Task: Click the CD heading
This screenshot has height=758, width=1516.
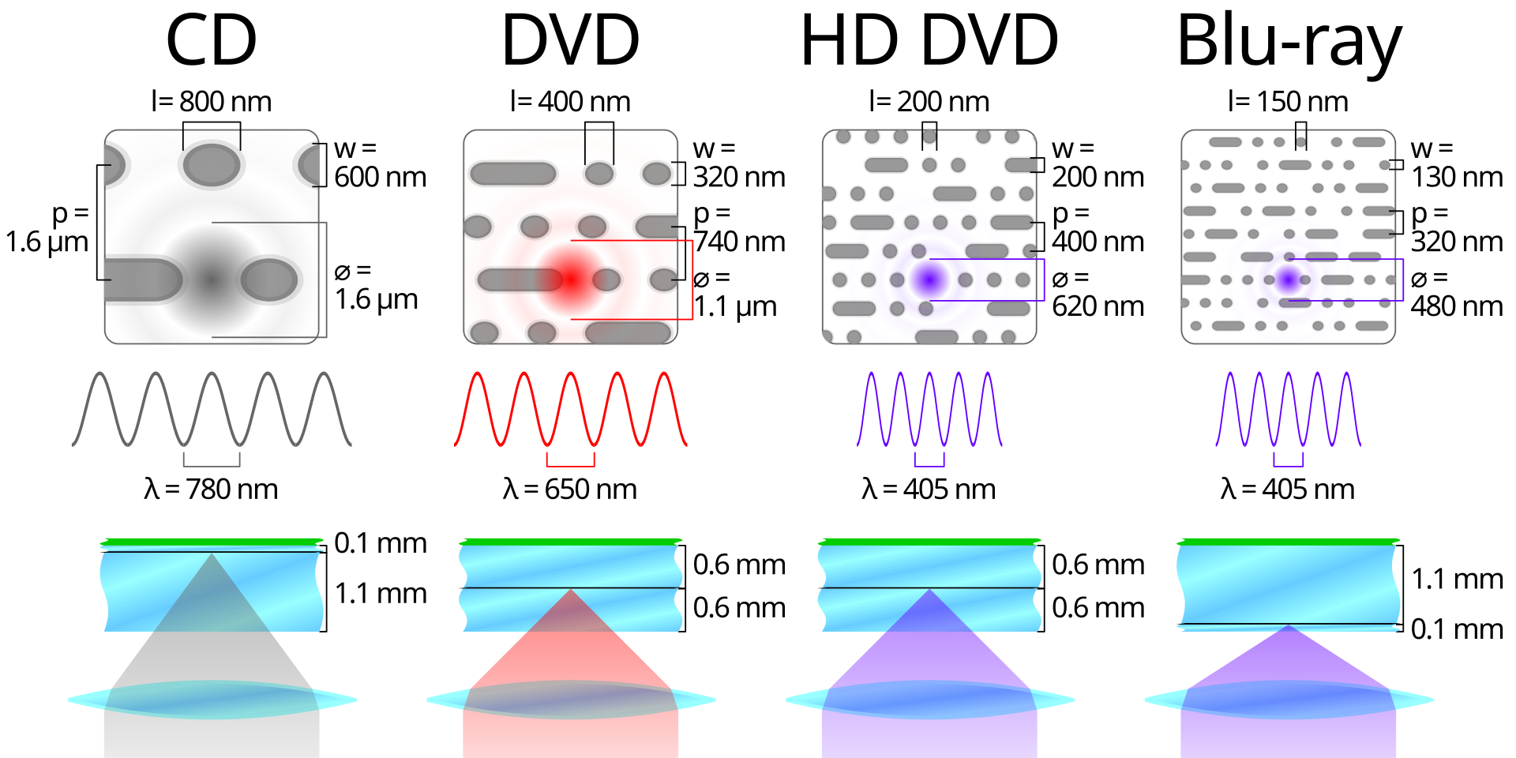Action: coord(212,40)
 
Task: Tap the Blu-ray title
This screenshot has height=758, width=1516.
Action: coord(1289,43)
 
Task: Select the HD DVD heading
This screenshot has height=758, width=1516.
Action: coord(929,40)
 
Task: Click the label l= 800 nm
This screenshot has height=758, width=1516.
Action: coord(212,102)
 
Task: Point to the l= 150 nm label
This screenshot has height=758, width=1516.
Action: coord(1288,102)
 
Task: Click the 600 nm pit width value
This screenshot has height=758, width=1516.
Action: coord(380,177)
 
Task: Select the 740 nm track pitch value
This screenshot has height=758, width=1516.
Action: coord(739,242)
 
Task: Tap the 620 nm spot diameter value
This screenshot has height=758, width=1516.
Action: coord(1098,306)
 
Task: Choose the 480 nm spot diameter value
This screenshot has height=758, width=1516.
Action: coord(1457,306)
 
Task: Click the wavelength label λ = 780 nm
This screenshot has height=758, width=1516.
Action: coord(211,490)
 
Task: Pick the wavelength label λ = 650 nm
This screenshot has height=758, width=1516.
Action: coord(569,490)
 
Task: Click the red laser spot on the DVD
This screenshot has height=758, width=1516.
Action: coord(570,279)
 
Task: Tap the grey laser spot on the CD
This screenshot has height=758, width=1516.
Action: coord(211,279)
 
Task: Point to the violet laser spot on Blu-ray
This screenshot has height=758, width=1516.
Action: coord(1288,279)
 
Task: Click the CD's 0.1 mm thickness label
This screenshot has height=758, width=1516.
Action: coord(380,543)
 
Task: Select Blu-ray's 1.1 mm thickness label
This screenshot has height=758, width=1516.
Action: coord(1457,580)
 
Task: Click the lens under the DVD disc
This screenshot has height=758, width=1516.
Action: coord(571,700)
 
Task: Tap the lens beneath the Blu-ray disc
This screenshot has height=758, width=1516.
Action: coord(1289,700)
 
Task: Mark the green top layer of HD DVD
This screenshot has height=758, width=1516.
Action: coord(929,542)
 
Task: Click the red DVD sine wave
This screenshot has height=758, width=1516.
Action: coord(571,409)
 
